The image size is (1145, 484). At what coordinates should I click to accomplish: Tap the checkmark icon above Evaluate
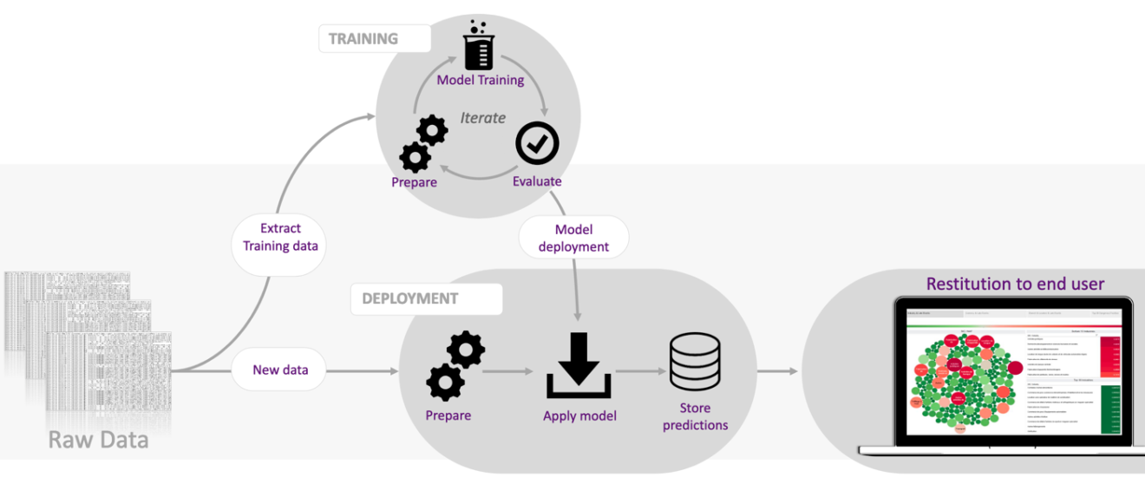pyautogui.click(x=537, y=144)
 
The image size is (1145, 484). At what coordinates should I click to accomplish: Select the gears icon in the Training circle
pyautogui.click(x=423, y=144)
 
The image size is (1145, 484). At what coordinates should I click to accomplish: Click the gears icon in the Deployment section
pyautogui.click(x=455, y=365)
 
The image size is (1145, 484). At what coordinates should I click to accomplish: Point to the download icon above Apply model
pyautogui.click(x=579, y=365)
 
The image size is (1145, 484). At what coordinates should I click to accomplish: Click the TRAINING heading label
pyautogui.click(x=364, y=39)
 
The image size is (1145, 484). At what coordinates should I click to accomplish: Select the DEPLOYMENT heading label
pyautogui.click(x=410, y=298)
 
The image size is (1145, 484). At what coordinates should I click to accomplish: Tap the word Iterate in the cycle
pyautogui.click(x=482, y=118)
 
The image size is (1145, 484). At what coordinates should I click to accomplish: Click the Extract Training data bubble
pyautogui.click(x=280, y=237)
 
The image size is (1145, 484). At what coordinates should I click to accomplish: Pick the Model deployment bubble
pyautogui.click(x=573, y=238)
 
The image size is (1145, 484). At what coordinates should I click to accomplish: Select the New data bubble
pyautogui.click(x=280, y=370)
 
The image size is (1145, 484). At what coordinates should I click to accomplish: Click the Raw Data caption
pyautogui.click(x=98, y=440)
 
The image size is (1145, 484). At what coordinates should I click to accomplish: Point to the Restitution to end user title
pyautogui.click(x=1015, y=284)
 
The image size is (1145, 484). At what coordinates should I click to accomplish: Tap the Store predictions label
pyautogui.click(x=695, y=416)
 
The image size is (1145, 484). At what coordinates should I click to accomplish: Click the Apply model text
pyautogui.click(x=579, y=415)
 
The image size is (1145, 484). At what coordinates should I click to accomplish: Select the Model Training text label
pyautogui.click(x=481, y=81)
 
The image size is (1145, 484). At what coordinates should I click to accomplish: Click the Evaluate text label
pyautogui.click(x=537, y=181)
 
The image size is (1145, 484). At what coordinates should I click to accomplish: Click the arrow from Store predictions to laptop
pyautogui.click(x=777, y=371)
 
